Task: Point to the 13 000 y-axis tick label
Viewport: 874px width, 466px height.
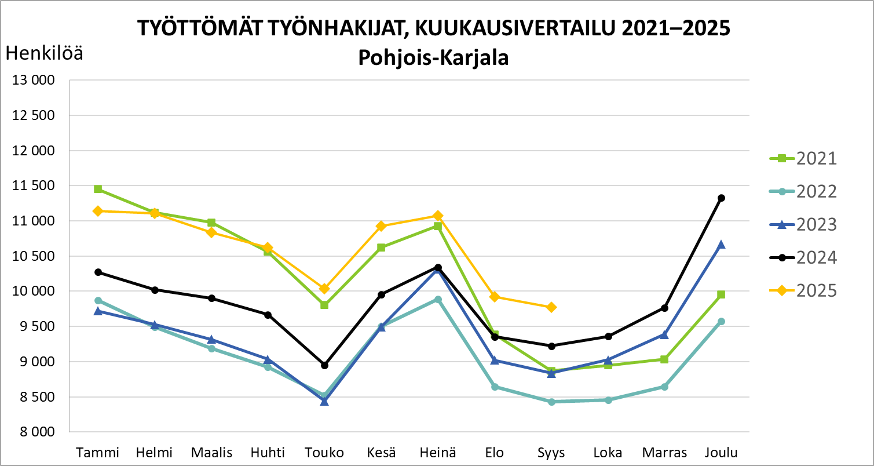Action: click(33, 81)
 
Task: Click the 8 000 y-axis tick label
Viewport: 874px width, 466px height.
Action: click(33, 432)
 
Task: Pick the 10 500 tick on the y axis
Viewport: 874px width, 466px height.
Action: click(33, 256)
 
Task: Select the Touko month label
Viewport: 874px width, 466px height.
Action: click(324, 453)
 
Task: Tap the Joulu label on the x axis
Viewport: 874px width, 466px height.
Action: click(721, 453)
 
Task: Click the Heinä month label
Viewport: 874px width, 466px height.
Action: click(438, 453)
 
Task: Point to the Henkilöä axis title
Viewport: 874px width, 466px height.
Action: click(44, 54)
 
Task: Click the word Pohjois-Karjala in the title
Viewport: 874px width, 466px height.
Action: click(433, 59)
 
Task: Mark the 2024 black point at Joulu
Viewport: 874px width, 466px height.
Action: click(722, 198)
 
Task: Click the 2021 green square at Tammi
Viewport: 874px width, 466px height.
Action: click(98, 189)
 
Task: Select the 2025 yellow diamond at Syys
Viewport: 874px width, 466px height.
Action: click(551, 307)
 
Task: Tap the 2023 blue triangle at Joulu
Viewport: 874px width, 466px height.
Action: click(722, 245)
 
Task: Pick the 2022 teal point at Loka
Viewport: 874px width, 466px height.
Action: click(608, 400)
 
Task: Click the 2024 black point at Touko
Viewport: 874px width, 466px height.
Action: click(324, 365)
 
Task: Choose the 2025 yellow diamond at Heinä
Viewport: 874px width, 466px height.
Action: click(438, 216)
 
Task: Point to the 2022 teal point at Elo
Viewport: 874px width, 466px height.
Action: click(495, 387)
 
